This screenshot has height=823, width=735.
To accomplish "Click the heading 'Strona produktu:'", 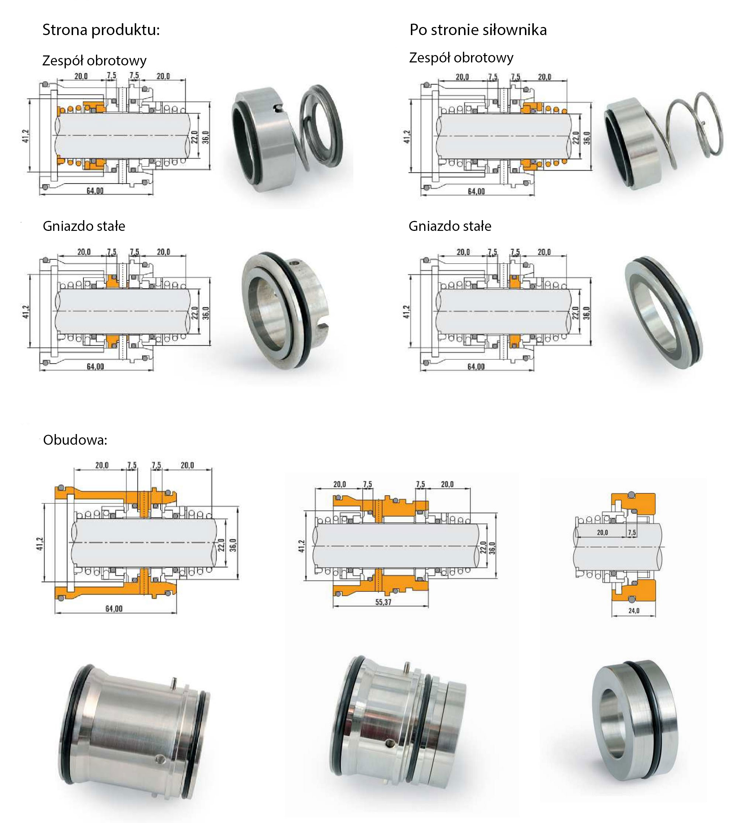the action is point(101,30).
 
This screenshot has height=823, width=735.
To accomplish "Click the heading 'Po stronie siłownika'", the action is point(478,30).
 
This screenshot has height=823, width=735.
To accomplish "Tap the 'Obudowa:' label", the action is point(75,440).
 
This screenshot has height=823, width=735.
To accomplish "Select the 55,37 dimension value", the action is point(383,602).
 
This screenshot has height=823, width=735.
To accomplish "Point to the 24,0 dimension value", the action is point(633,611).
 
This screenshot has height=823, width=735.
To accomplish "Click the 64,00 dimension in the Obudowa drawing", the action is point(114,608).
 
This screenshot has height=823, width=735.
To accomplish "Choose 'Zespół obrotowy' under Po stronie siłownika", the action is point(461,58).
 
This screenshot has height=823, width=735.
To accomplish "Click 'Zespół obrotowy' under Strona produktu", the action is point(95,61).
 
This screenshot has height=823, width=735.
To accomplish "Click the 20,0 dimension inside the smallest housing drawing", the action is point(602,533).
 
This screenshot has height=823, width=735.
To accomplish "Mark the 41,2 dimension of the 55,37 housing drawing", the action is point(302,546).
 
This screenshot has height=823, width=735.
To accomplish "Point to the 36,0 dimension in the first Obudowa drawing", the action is point(233,544).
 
